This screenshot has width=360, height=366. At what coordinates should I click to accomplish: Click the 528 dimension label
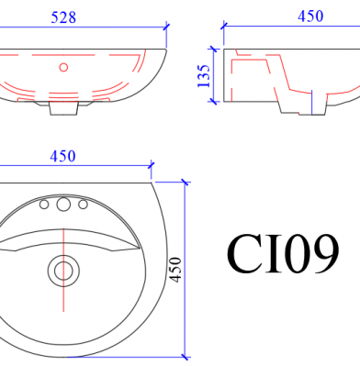click(63, 17)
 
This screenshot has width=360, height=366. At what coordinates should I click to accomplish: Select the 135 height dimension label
click(204, 75)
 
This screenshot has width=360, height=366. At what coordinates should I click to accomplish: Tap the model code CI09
click(283, 254)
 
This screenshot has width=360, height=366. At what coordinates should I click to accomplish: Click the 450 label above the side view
click(310, 17)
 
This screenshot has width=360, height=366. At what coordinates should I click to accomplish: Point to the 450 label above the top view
click(62, 156)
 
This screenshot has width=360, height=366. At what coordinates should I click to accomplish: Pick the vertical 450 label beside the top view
click(175, 270)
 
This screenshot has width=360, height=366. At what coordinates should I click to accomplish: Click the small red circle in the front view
click(63, 67)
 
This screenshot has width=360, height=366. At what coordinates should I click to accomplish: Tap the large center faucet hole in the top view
click(63, 205)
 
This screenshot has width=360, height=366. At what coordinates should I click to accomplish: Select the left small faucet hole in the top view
click(44, 205)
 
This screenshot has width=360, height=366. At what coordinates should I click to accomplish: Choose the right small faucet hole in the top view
click(83, 205)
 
